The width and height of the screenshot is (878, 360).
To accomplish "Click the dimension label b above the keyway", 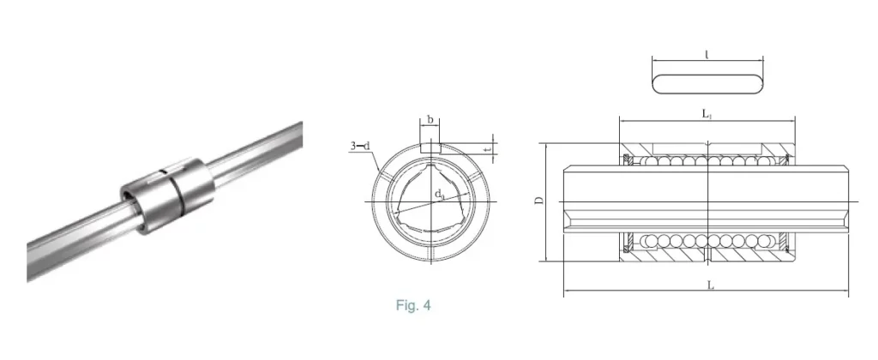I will click(x=430, y=121).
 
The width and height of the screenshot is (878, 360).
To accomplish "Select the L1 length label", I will click(x=705, y=113).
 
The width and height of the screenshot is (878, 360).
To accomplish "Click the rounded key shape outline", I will click(x=707, y=83).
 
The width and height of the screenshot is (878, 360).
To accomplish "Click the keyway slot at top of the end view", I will click(x=430, y=147).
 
